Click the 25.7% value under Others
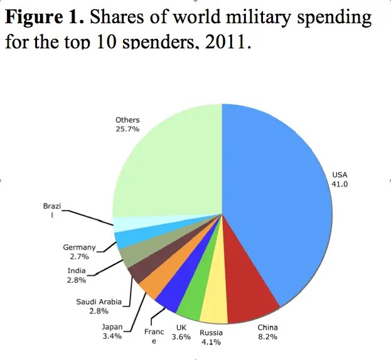(x=127, y=129)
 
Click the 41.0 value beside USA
(x=340, y=184)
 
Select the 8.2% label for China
(x=267, y=337)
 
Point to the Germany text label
(x=79, y=248)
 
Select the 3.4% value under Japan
(x=112, y=335)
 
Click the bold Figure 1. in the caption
(x=44, y=16)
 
